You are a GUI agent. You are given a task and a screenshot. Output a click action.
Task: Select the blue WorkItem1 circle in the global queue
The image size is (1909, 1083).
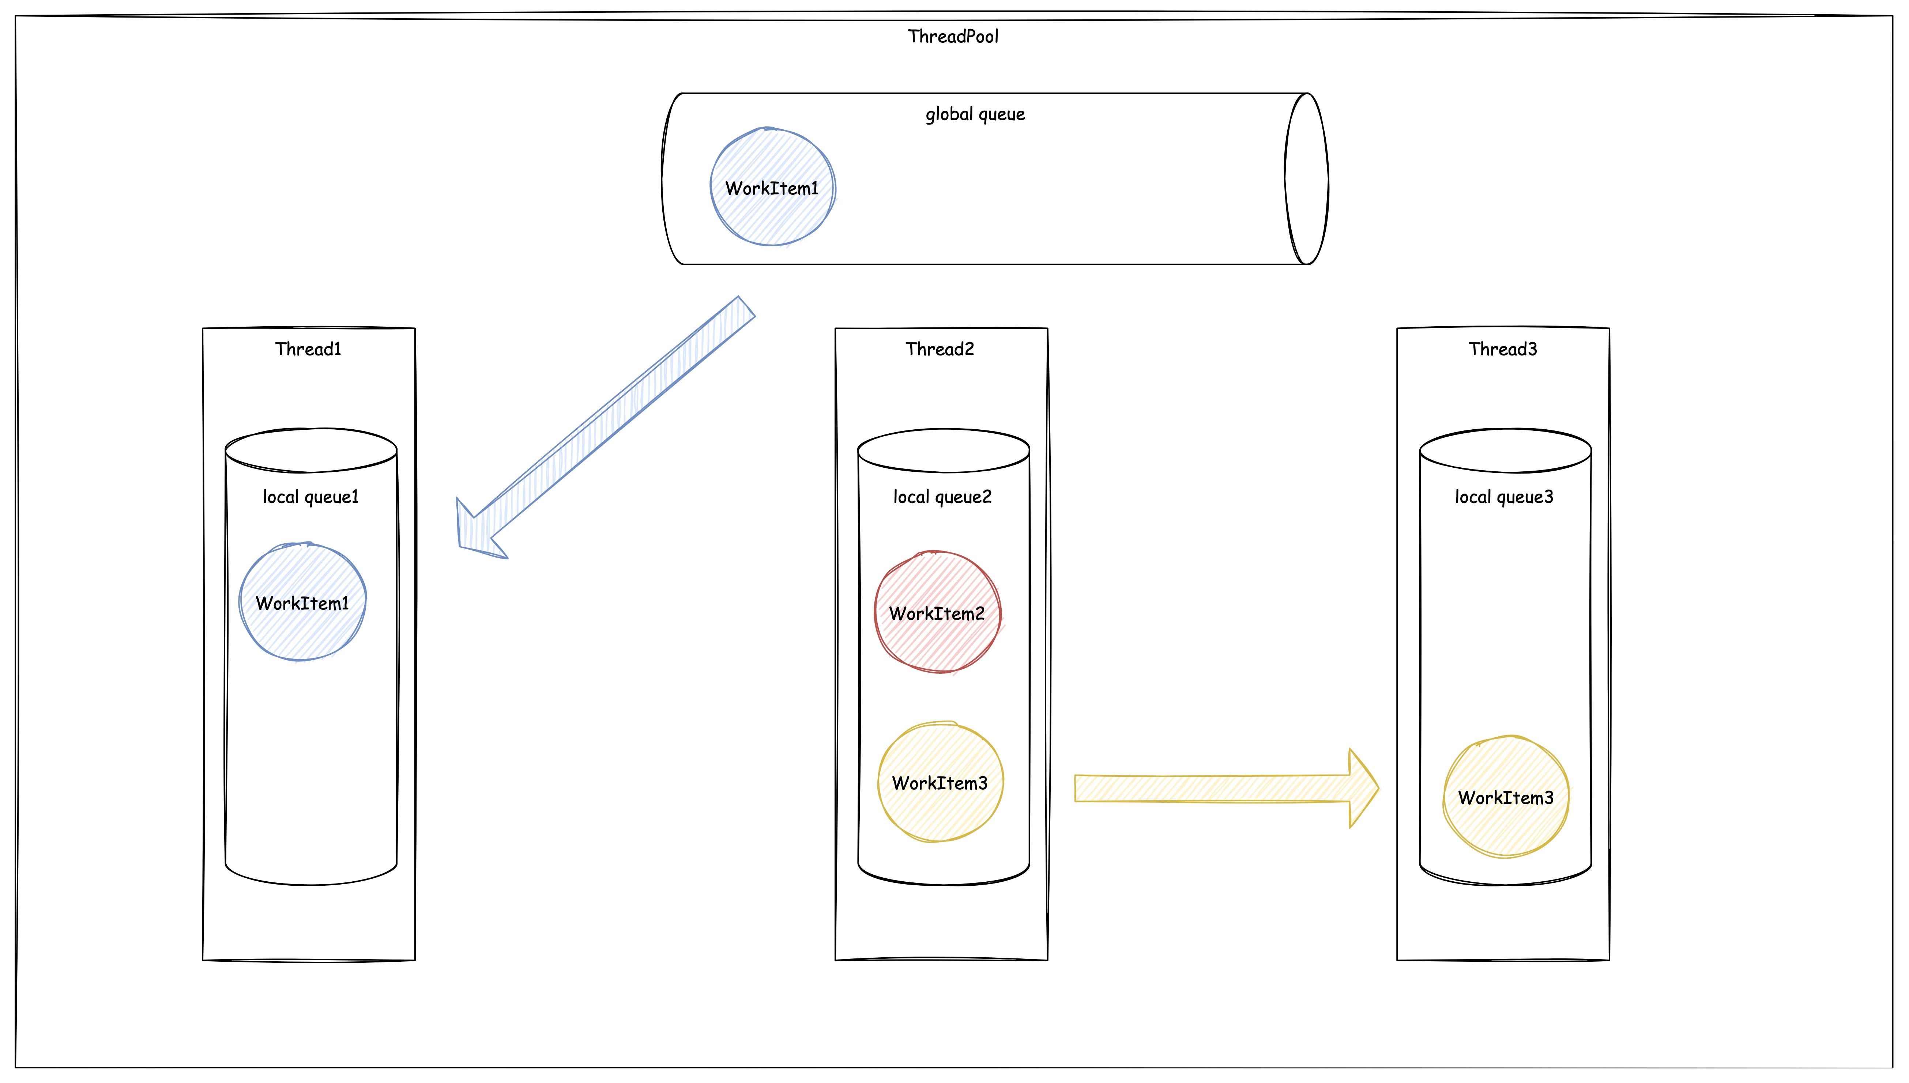tap(772, 187)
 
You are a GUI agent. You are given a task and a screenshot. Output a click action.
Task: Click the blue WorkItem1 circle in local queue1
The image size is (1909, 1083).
tap(302, 602)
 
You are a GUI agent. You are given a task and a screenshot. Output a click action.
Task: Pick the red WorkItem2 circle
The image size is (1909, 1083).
tap(938, 612)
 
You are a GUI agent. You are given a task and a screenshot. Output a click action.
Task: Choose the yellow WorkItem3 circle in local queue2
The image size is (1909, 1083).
tap(940, 782)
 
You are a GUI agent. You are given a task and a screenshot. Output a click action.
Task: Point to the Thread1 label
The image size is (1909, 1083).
tap(308, 349)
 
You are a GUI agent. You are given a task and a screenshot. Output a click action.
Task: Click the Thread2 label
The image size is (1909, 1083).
tap(939, 349)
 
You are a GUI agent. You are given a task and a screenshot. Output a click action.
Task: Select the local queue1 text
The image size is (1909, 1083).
tap(310, 497)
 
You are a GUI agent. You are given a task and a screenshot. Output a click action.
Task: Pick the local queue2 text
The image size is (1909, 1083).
tap(942, 497)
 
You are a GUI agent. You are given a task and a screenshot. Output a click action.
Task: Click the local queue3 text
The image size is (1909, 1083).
tap(1504, 497)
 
